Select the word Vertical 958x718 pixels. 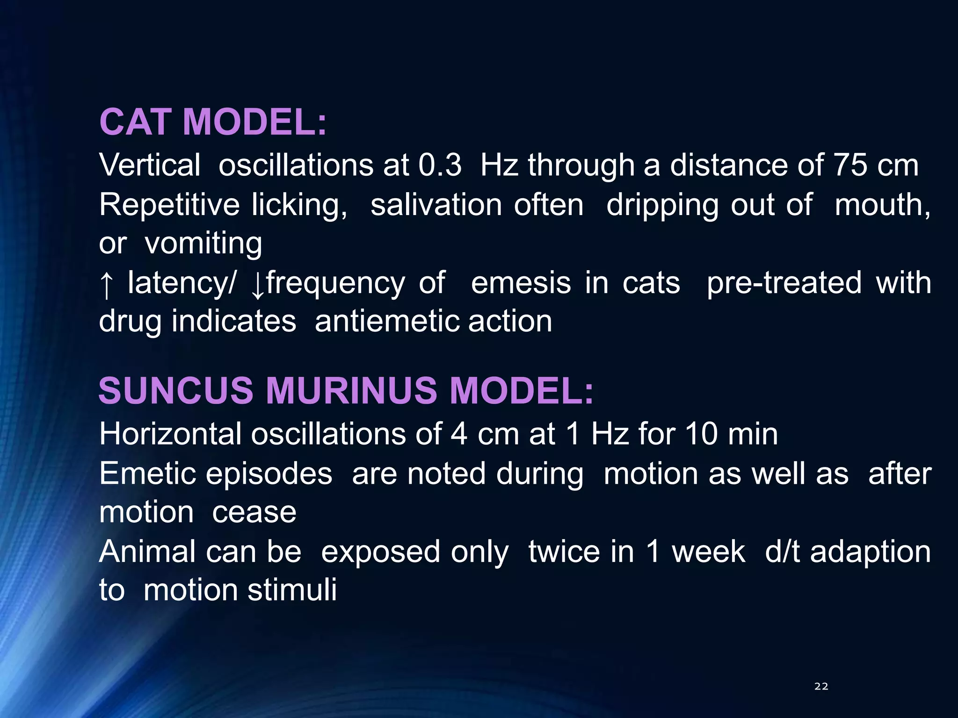[x=150, y=165]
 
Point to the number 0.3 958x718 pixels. [x=440, y=165]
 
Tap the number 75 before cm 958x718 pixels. [x=850, y=165]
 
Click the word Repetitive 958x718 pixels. [x=169, y=205]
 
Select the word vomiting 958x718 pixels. [x=203, y=244]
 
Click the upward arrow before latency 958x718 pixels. [x=107, y=284]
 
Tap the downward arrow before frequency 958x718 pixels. [x=258, y=284]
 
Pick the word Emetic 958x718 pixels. [x=148, y=474]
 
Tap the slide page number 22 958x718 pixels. [x=821, y=686]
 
